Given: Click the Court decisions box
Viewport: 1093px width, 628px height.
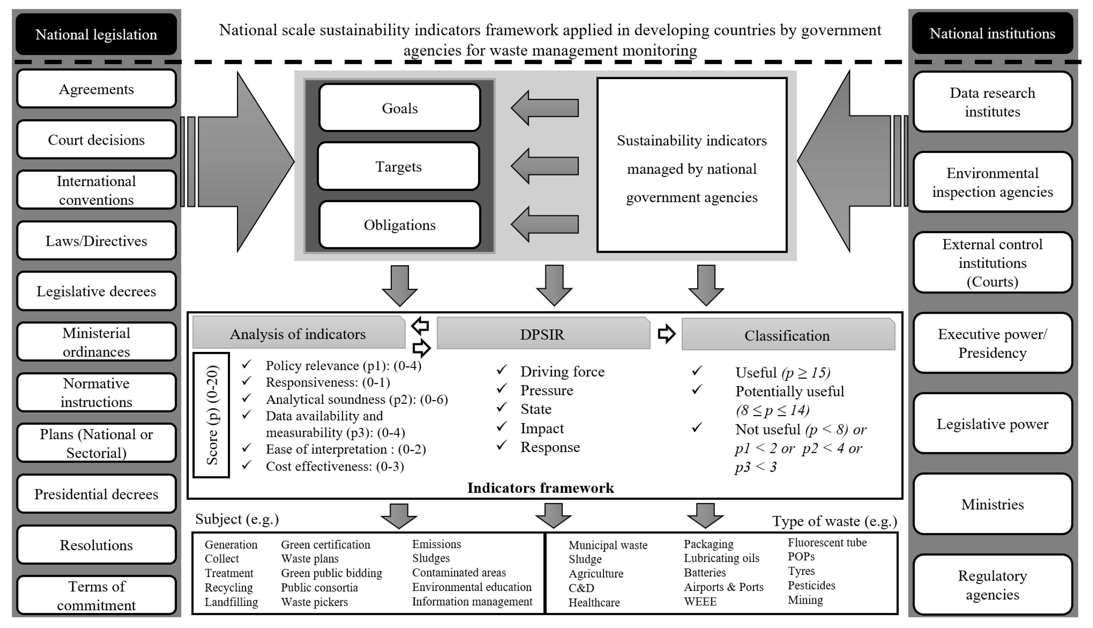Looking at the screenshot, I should coord(96,140).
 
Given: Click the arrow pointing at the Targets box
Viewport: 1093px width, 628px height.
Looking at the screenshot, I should coord(544,166).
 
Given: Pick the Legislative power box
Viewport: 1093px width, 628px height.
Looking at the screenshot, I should coord(992,424).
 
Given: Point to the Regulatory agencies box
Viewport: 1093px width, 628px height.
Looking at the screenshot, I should coord(992,585).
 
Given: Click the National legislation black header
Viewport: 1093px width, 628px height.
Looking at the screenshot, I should coord(96,34).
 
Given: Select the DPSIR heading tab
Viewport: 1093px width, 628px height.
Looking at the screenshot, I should coord(543,334).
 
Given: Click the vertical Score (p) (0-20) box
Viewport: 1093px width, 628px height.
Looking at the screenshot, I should coord(211,415).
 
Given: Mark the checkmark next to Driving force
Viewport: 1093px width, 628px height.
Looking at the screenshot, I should coord(502,370).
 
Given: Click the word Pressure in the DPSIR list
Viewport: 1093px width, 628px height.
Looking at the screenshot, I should coord(546,390).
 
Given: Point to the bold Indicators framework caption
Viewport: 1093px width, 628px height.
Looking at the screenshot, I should coord(540,488).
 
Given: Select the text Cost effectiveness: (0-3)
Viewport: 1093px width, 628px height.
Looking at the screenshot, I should coord(334,466).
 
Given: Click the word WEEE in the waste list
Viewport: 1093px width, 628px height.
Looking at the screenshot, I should coord(700,601).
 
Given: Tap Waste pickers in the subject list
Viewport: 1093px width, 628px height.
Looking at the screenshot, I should coord(314,602).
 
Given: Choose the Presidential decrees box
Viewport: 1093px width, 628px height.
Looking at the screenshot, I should coord(96,494).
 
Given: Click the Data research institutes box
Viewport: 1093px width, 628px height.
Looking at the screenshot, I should coord(992,102).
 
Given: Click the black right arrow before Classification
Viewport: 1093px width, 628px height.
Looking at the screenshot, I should coord(666,334).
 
